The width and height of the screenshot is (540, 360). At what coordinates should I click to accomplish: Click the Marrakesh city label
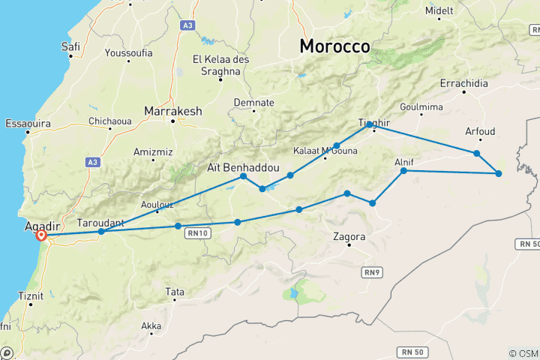[x=173, y=111]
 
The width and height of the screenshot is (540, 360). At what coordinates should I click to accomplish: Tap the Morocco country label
[x=334, y=46]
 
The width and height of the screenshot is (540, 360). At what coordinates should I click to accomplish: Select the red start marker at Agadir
[x=42, y=236]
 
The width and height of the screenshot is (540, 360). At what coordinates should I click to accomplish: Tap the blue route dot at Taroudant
[x=101, y=232]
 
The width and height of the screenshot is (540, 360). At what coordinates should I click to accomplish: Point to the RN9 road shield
[x=370, y=271]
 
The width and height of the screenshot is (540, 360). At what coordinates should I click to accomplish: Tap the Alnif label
[x=404, y=161]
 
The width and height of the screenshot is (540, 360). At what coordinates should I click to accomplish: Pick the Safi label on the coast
[x=70, y=46]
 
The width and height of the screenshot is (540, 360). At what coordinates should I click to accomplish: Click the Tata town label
[x=175, y=291]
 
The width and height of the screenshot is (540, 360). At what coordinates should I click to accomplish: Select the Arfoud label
[x=480, y=131]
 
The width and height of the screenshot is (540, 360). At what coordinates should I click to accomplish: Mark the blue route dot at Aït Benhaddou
[x=244, y=176]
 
